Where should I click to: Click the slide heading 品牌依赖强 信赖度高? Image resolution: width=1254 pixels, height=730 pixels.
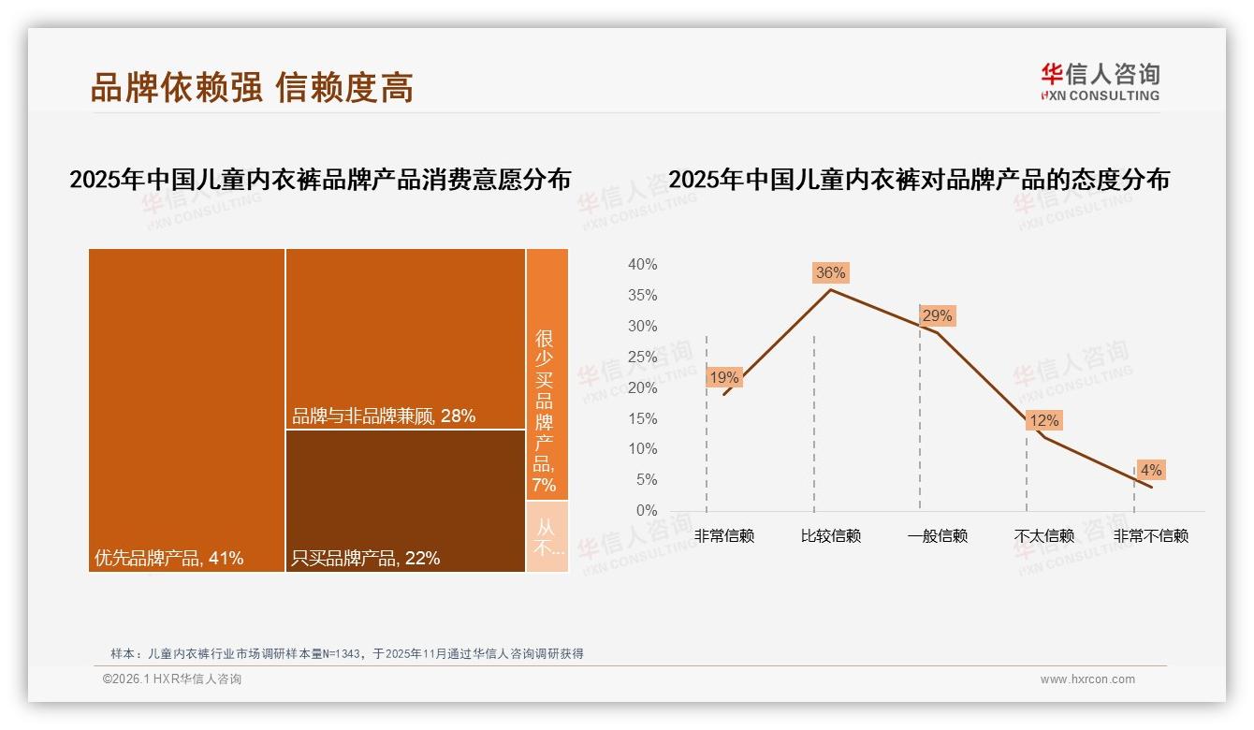pos(252,88)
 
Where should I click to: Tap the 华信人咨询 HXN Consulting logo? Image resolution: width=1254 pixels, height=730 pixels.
pos(1100,81)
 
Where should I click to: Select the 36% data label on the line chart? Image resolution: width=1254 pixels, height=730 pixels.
pos(830,273)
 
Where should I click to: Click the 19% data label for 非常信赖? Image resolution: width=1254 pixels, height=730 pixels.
pos(724,378)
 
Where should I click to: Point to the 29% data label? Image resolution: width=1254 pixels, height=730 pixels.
pos(937,316)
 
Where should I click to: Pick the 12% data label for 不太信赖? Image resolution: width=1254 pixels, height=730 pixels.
pos(1043,421)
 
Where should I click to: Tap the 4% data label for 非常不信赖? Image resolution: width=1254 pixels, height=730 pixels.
pos(1150,471)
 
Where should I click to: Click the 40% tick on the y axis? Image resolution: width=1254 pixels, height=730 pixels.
pos(642,265)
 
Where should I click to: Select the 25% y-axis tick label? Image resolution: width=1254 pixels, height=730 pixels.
pos(642,357)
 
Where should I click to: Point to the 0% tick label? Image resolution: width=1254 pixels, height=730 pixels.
pos(646,511)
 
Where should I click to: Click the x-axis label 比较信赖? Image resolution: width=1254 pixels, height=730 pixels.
pos(830,536)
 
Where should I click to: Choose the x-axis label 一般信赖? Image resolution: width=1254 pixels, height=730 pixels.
pos(937,536)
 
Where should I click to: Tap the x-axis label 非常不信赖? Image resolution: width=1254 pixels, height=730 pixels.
pos(1150,536)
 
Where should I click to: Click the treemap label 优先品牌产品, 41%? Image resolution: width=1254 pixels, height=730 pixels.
pos(169,559)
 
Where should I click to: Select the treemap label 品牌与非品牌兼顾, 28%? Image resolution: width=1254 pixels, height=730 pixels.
pos(384,416)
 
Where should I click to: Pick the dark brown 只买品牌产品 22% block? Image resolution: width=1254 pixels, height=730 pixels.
pos(405,501)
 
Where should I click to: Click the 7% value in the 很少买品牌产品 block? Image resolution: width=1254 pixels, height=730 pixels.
pos(544,485)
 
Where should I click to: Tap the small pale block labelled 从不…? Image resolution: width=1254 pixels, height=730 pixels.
pos(547,537)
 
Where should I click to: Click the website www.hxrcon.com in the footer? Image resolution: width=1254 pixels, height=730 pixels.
pos(1087,679)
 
